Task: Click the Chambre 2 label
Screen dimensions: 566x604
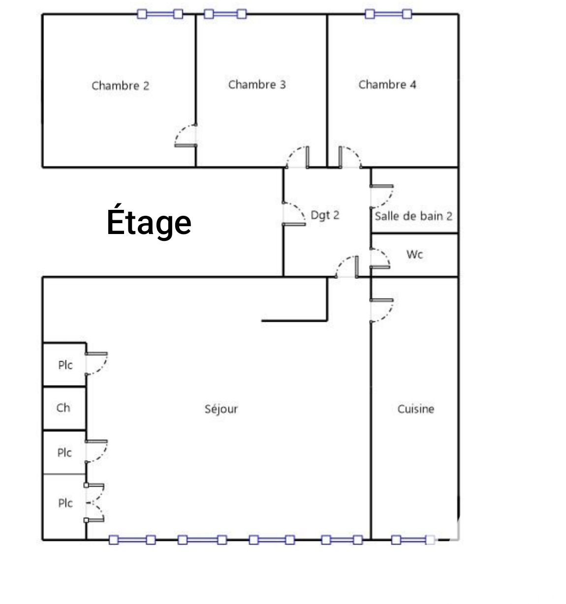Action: coord(121,86)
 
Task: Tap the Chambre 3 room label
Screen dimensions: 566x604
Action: coord(257,85)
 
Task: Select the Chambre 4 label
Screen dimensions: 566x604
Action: coord(387,85)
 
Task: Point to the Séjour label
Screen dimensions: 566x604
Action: coord(221,409)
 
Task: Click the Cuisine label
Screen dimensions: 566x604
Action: coord(415,409)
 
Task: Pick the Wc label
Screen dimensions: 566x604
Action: coord(414,254)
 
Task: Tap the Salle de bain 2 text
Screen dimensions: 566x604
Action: coord(413,216)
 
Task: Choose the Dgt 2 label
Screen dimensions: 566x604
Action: coord(325,215)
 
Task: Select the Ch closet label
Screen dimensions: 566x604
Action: coord(63,408)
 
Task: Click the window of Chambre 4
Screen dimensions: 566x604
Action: coord(388,14)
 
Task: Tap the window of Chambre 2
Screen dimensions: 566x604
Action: coord(160,14)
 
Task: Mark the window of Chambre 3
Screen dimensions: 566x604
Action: coord(225,14)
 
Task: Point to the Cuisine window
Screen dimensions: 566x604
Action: coord(413,540)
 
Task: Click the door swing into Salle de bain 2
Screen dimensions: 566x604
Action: coord(382,196)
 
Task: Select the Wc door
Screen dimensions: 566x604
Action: coord(380,259)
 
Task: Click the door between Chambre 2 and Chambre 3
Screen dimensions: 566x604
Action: coord(186,135)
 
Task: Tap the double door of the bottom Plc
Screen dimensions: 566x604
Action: coord(94,503)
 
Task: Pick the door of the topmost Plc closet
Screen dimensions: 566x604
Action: coord(96,364)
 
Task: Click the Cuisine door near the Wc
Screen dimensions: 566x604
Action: coord(382,310)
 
